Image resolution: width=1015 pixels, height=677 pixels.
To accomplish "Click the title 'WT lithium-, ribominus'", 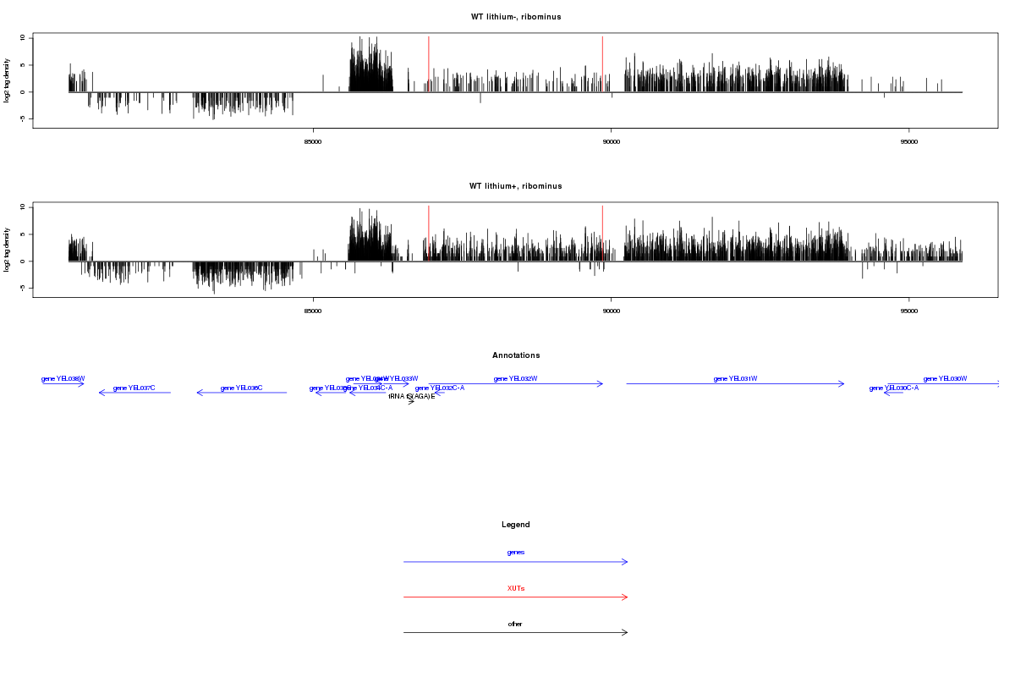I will (x=516, y=17).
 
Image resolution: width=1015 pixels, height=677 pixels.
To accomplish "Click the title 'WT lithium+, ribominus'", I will (x=516, y=186).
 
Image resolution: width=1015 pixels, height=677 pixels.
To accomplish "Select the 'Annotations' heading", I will (x=516, y=355).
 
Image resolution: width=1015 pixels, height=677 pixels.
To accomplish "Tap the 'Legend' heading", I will (x=516, y=525).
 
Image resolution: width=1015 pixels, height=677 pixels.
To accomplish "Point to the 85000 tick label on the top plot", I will (x=313, y=141).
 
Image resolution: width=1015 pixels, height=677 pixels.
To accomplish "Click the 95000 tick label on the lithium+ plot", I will (x=908, y=311).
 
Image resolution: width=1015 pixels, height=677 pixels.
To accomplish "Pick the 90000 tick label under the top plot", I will (x=611, y=141).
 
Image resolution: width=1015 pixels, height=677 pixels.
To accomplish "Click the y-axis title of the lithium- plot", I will (x=8, y=80).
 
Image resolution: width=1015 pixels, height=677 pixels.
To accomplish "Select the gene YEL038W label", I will (x=63, y=378).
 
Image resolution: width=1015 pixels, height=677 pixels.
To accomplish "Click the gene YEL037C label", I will (x=134, y=388).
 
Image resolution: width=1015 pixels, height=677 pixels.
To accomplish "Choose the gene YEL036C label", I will (x=241, y=388).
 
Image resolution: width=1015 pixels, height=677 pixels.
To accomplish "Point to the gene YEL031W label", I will (x=735, y=378).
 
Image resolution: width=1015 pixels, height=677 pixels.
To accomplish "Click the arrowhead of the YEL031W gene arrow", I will (x=842, y=384).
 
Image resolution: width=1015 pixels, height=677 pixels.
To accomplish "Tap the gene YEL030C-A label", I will (x=893, y=388).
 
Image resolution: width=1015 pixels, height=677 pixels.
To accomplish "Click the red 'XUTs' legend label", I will (x=516, y=588).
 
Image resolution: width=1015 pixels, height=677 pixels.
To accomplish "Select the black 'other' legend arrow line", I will (x=516, y=632).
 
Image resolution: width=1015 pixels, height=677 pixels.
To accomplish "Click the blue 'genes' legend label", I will (x=516, y=553).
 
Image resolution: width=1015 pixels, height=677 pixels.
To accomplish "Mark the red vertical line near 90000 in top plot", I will (x=602, y=63).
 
